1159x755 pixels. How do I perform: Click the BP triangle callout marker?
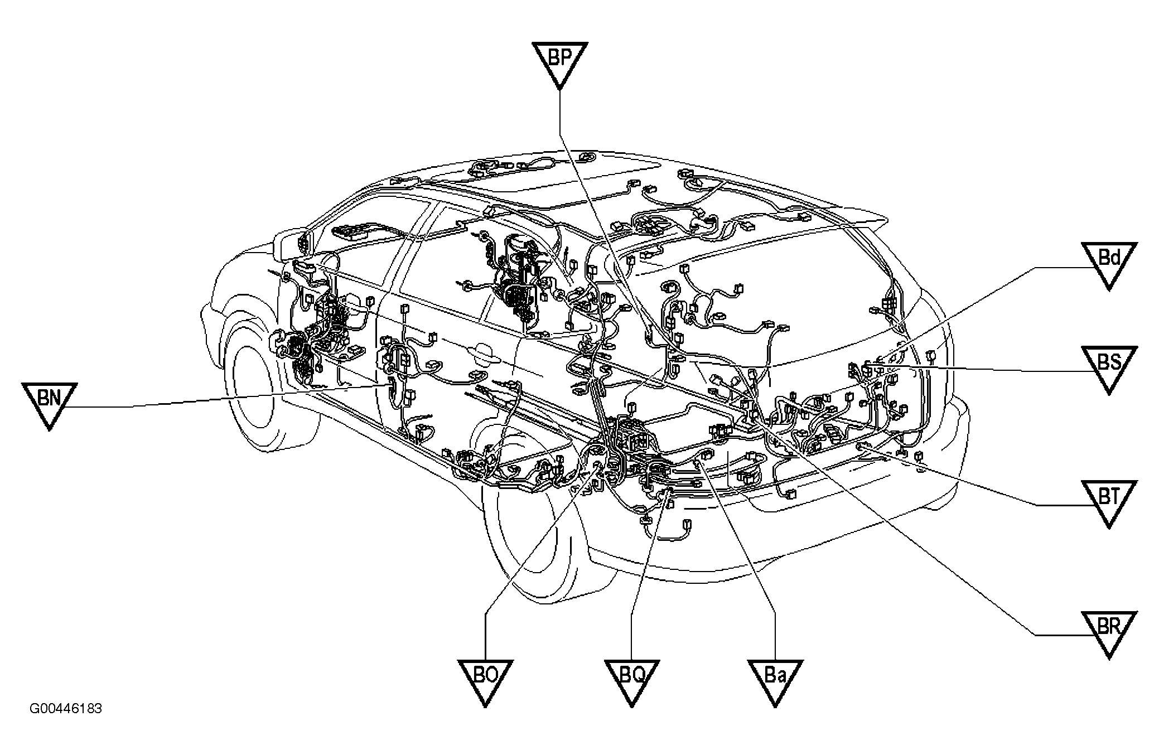[x=559, y=62]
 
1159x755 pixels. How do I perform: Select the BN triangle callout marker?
[x=49, y=403]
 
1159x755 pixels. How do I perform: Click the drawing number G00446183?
[x=66, y=709]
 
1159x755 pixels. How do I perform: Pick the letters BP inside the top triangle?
[x=559, y=56]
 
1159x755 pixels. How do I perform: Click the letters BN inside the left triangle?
[x=49, y=397]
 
